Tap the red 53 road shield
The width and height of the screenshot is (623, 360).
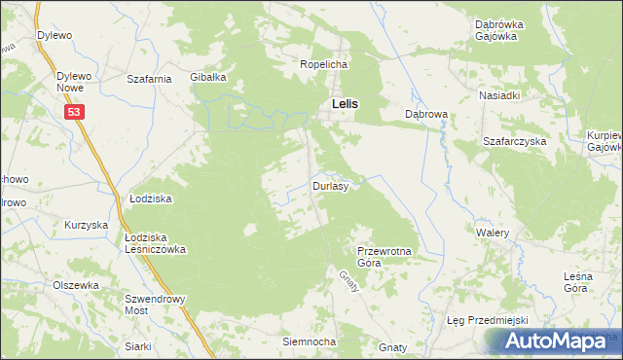(75, 113)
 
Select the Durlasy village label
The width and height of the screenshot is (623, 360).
(331, 185)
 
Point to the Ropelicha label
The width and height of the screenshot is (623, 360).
(323, 64)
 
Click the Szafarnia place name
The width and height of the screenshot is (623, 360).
(150, 78)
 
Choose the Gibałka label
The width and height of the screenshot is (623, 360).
(208, 77)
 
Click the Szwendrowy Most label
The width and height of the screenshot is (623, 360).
(149, 305)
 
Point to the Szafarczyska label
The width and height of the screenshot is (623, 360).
(515, 141)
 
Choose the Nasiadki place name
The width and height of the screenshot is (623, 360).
(499, 95)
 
